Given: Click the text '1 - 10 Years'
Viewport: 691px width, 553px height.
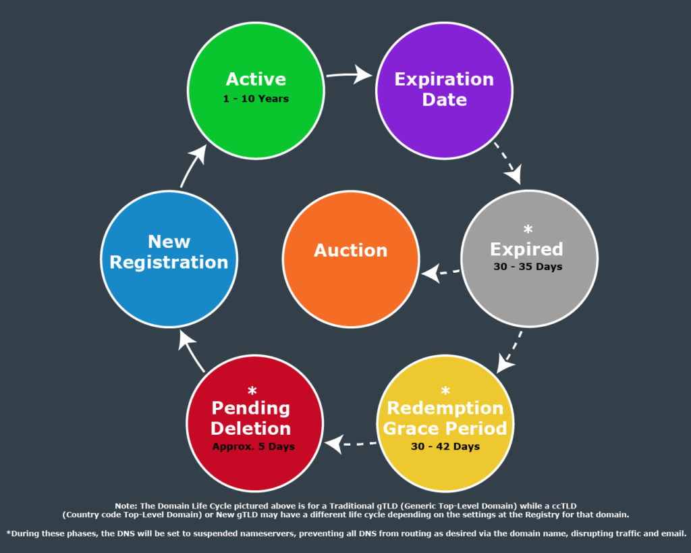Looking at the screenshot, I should (x=256, y=99).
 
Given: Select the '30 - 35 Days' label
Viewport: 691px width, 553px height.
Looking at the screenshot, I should (x=528, y=267).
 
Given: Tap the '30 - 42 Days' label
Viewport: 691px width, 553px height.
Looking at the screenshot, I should (x=445, y=446).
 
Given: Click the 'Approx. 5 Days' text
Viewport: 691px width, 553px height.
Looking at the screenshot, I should (x=254, y=446).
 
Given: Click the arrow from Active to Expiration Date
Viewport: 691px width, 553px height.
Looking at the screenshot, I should (x=348, y=74).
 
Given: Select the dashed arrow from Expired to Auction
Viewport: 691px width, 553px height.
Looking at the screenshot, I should (x=440, y=273).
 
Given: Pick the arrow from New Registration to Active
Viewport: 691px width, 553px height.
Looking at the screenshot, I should (x=193, y=166).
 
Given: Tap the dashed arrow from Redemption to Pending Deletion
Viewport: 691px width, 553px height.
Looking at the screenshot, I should (x=350, y=444).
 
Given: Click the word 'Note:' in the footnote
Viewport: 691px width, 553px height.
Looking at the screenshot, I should (x=126, y=506).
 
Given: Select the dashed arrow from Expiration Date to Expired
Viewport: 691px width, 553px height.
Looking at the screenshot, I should (x=508, y=163).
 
